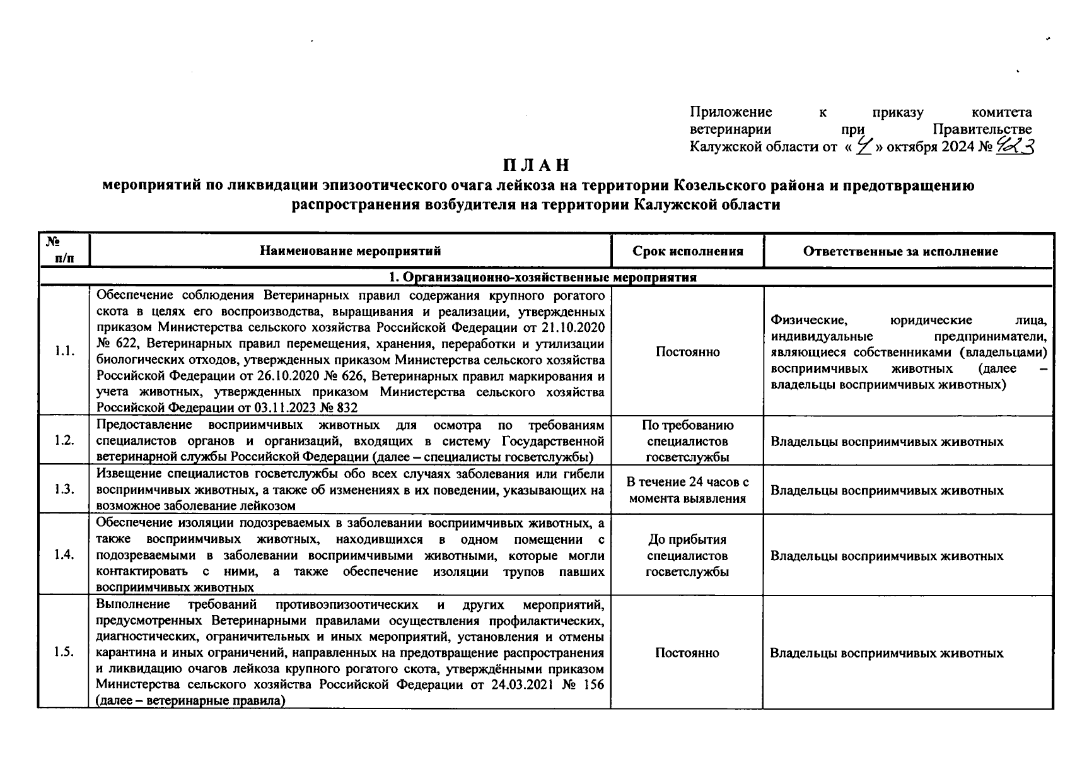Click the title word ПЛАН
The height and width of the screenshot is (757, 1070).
[x=536, y=165]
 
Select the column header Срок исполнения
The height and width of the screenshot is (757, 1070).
[x=687, y=251]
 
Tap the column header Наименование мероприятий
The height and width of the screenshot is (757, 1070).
[x=350, y=251]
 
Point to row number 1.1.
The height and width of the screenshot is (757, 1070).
[x=64, y=351]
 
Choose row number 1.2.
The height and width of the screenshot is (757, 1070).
[x=64, y=440]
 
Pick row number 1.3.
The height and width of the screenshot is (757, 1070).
[x=64, y=490]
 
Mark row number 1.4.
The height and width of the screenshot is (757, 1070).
[x=64, y=555]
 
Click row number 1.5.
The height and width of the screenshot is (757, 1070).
[x=64, y=652]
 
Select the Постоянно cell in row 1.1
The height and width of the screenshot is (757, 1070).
[x=687, y=351]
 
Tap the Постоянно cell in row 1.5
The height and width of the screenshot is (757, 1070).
[x=687, y=652]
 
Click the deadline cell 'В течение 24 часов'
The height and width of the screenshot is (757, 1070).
[x=687, y=490]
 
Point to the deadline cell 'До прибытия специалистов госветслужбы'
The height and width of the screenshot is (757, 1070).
[x=687, y=555]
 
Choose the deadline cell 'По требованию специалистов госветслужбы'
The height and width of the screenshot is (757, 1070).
[x=687, y=440]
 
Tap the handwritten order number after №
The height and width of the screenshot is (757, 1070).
[x=1015, y=146]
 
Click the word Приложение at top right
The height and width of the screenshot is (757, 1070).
[x=731, y=112]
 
